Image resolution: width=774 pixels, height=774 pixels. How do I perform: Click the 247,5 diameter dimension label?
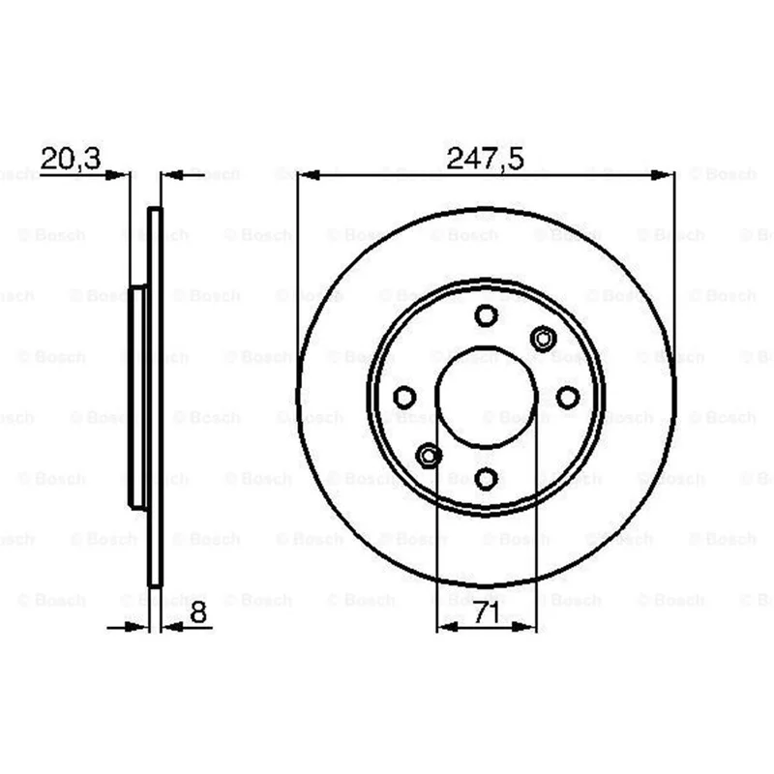[x=485, y=159]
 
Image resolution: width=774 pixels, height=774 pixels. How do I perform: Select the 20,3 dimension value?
[x=71, y=159]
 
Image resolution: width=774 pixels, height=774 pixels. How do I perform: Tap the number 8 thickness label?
[x=198, y=612]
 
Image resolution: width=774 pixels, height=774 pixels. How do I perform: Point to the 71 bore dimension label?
[x=487, y=613]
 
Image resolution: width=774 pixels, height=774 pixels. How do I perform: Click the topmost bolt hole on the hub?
[x=487, y=315]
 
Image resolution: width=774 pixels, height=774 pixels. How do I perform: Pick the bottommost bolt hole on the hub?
[x=487, y=478]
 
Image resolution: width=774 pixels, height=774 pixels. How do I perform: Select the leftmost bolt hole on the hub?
[x=404, y=397]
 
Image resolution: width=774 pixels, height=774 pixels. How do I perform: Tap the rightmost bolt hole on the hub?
[x=568, y=397]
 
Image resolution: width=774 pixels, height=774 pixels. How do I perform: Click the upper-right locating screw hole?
[x=543, y=340]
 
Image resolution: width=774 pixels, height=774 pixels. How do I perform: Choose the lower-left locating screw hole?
[x=429, y=455]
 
